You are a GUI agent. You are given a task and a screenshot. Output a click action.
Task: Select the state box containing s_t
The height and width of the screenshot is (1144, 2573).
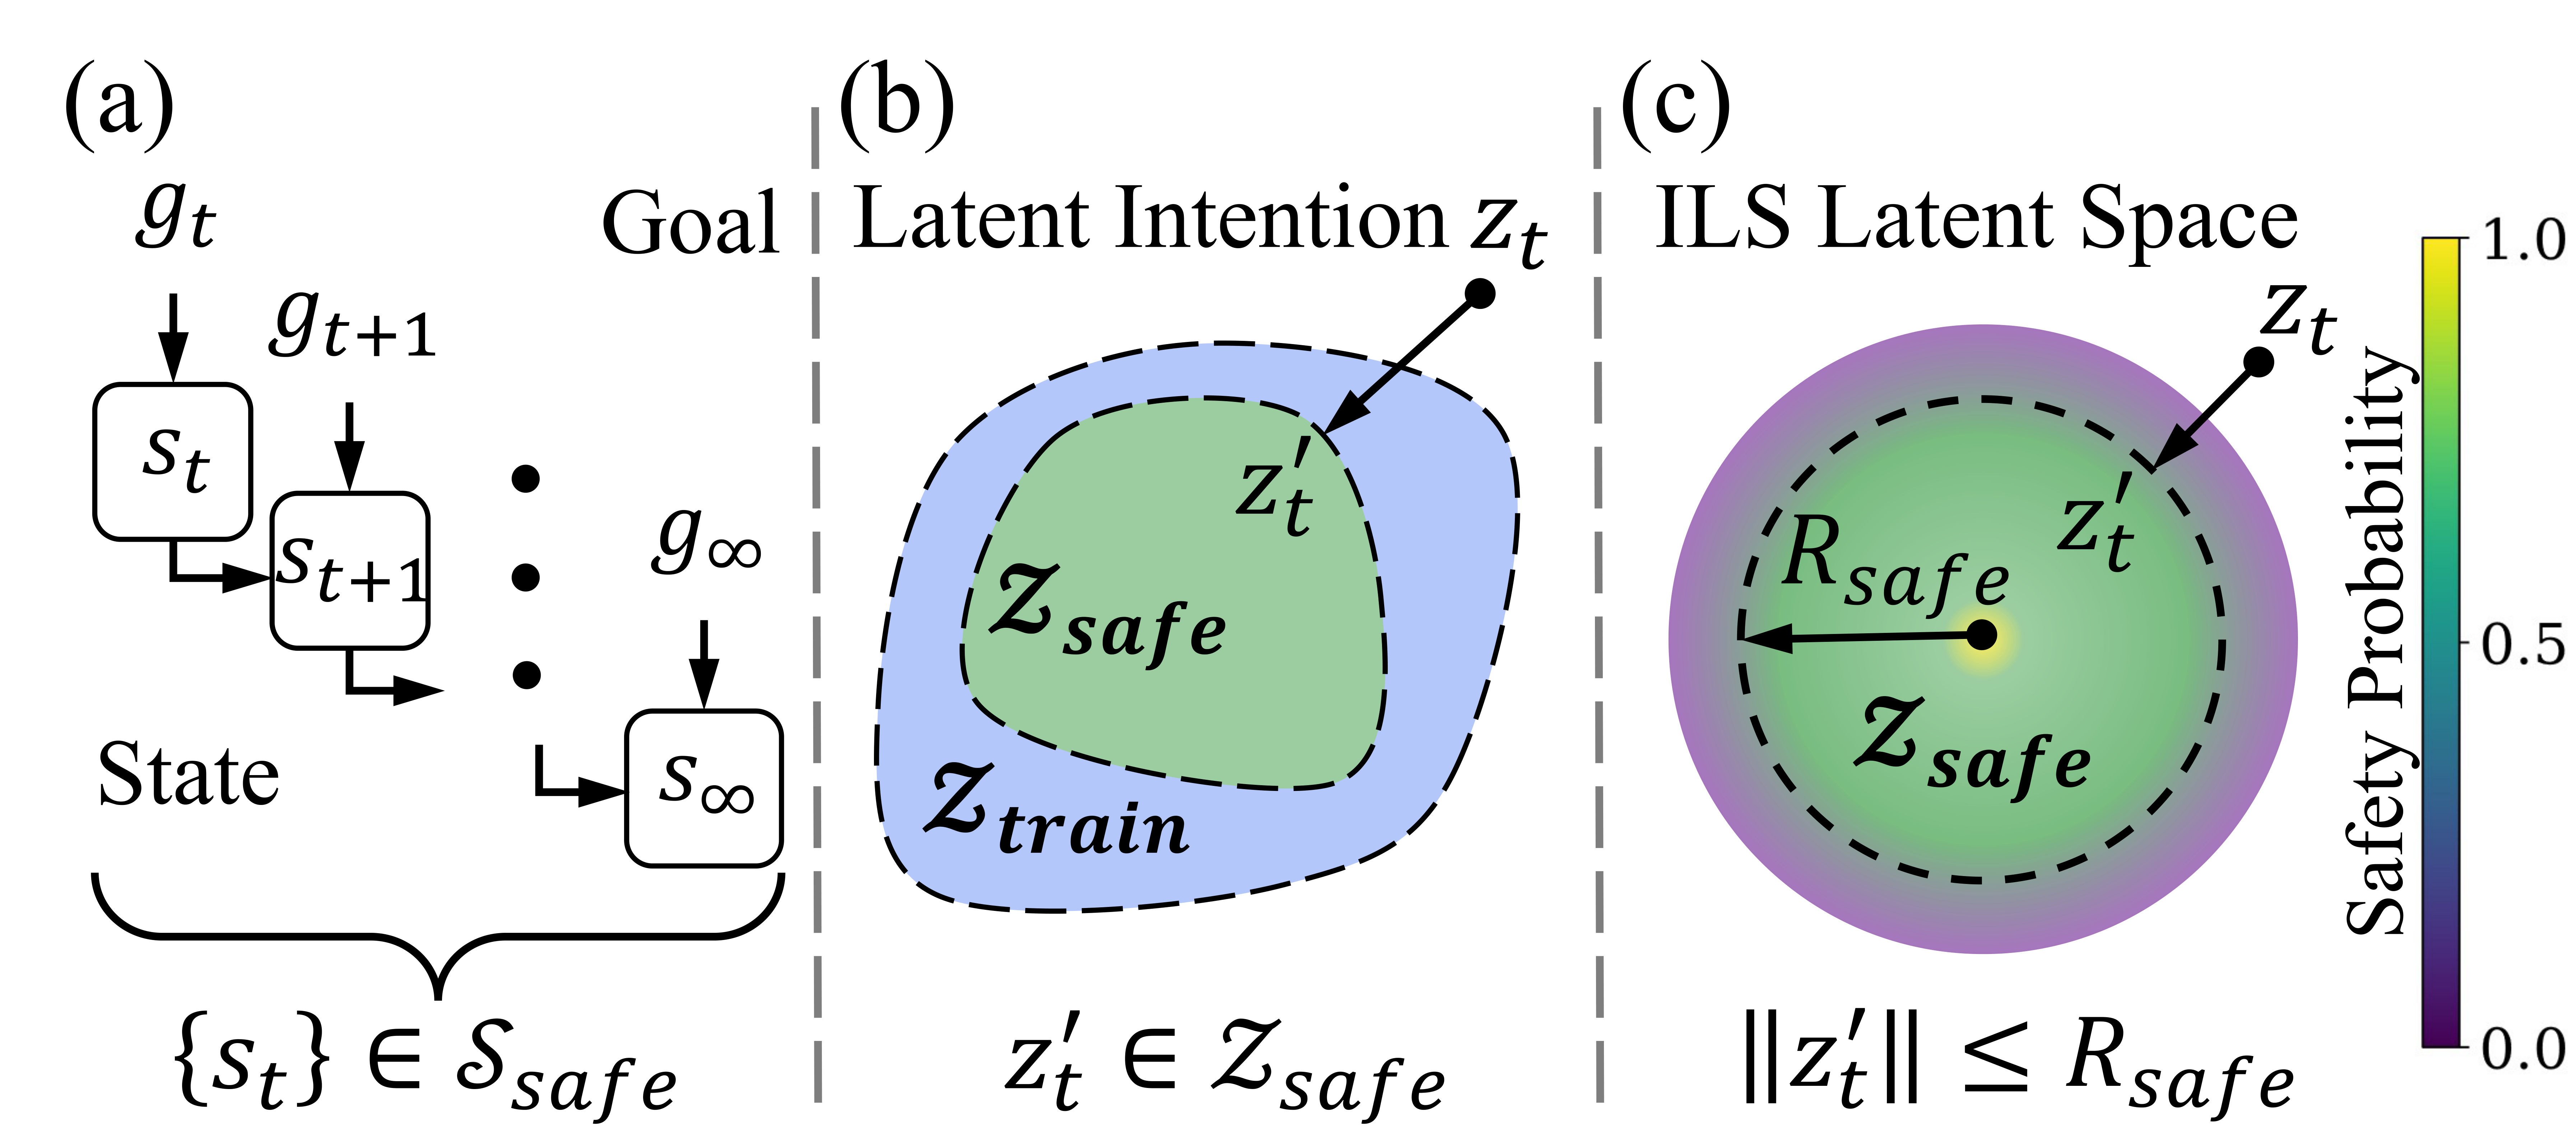click(172, 462)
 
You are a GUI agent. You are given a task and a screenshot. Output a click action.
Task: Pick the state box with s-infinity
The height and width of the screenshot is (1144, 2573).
click(703, 787)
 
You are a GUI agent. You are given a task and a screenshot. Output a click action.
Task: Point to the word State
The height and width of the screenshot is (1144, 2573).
click(188, 776)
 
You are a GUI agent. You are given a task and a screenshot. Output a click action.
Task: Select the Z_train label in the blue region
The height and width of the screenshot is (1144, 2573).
click(1057, 811)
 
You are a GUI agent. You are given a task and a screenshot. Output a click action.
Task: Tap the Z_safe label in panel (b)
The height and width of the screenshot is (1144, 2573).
click(1107, 611)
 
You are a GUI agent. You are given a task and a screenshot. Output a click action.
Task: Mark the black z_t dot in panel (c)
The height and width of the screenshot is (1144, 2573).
click(2258, 363)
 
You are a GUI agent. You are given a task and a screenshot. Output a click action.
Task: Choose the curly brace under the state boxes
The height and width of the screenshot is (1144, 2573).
click(437, 934)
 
